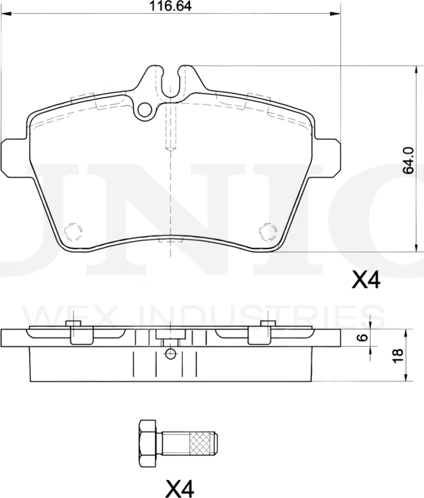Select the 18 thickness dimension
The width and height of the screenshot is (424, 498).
(x=397, y=355)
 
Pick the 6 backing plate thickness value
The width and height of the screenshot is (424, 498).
(x=361, y=338)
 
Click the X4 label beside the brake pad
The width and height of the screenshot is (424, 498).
(x=365, y=281)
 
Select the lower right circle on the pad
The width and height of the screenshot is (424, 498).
(x=267, y=231)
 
